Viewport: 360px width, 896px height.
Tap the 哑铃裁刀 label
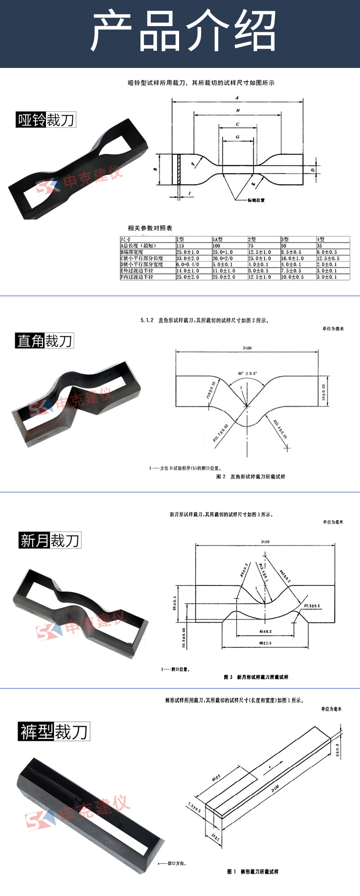(45, 120)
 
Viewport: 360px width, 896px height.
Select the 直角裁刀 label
(44, 341)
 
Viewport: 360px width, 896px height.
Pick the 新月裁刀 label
(49, 540)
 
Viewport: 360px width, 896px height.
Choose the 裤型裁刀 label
(54, 731)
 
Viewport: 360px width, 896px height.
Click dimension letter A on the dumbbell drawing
(237, 98)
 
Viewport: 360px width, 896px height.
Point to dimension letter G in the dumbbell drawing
(237, 137)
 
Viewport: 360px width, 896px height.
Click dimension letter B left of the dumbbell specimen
(155, 169)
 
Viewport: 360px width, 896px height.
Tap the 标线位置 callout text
(256, 200)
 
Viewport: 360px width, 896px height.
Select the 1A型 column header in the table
(218, 239)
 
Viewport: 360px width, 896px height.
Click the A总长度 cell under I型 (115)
(180, 246)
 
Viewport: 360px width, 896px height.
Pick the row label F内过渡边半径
(137, 277)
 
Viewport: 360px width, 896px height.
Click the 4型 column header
(320, 239)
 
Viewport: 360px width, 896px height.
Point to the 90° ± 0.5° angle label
(247, 374)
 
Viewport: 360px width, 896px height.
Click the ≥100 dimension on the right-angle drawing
(247, 348)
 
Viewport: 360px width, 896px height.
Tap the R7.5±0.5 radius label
(311, 606)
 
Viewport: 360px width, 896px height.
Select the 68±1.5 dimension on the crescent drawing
(265, 643)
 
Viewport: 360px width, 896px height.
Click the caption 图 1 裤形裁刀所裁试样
(253, 872)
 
